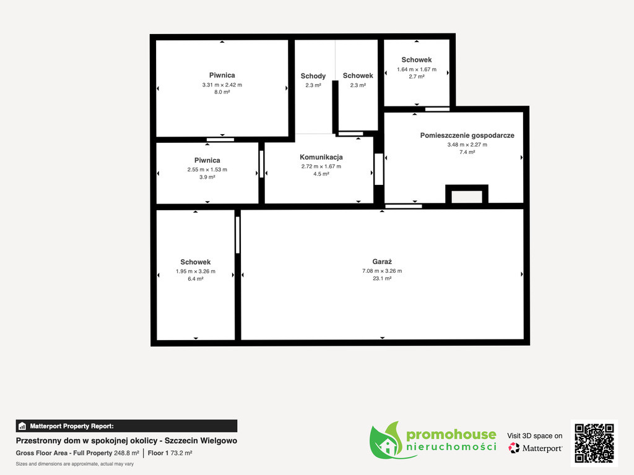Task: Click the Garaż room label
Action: coord(382,262)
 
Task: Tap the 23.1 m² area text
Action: coord(382,278)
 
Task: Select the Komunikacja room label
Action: coord(321,157)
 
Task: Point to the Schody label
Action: coord(313,76)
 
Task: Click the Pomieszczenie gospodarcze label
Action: coord(467,135)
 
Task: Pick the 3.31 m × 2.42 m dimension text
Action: coord(222,85)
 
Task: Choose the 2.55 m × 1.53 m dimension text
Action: coord(207,169)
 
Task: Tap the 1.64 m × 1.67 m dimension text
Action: coord(417,69)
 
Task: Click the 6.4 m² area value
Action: coord(195,279)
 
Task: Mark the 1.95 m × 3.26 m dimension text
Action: coord(195,272)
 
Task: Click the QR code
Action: coord(594,443)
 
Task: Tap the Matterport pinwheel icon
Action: coord(513,448)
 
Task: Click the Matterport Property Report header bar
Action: coord(126,426)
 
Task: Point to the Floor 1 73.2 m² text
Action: coord(170,453)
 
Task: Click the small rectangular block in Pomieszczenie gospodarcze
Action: coord(467,194)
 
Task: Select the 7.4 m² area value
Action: coord(467,152)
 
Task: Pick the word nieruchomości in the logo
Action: coord(451,447)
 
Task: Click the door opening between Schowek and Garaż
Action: coord(238,235)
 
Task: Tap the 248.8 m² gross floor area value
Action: coord(126,453)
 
